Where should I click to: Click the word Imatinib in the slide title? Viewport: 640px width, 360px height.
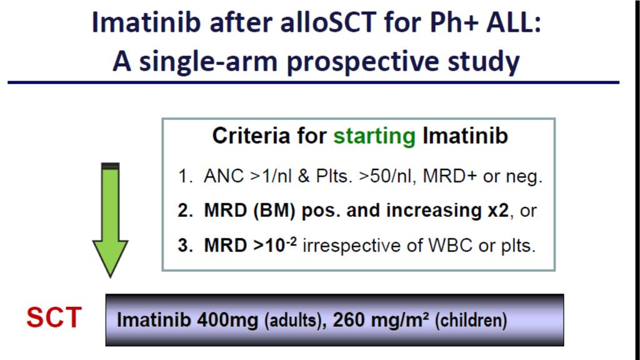146,22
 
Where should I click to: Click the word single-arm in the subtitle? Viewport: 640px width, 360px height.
209,62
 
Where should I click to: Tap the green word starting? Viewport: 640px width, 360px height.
374,136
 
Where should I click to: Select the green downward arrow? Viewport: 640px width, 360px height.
110,219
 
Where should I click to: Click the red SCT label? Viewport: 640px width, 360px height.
54,317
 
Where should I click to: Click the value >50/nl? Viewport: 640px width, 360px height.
387,176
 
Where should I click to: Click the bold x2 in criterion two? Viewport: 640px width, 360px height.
498,211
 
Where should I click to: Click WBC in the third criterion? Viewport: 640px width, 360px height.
451,246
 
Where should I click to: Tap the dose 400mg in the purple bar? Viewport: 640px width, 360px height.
227,321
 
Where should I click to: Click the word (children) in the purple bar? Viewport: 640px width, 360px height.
471,321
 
